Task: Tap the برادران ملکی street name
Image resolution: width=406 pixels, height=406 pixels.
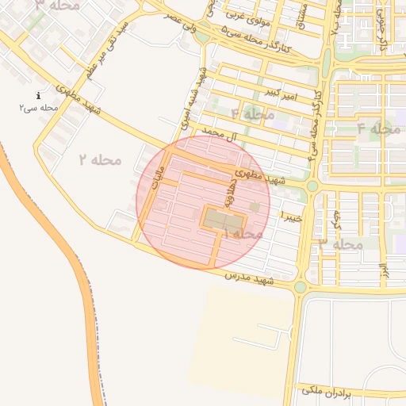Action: click(331, 391)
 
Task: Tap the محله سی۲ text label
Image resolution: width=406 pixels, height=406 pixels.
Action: click(39, 106)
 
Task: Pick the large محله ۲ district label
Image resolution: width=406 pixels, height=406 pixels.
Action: click(101, 159)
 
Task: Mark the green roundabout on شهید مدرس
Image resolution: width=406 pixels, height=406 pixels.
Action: click(300, 287)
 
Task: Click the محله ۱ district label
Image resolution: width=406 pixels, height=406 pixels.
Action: click(243, 235)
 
